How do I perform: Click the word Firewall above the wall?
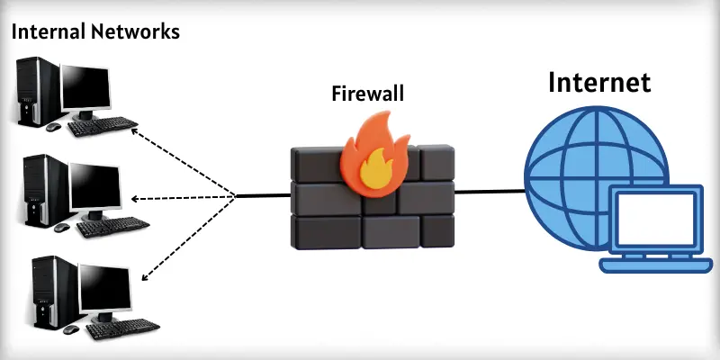coord(368,93)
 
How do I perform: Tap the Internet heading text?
coord(599,84)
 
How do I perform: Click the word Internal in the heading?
coord(45,32)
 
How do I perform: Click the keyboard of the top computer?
coord(103,126)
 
